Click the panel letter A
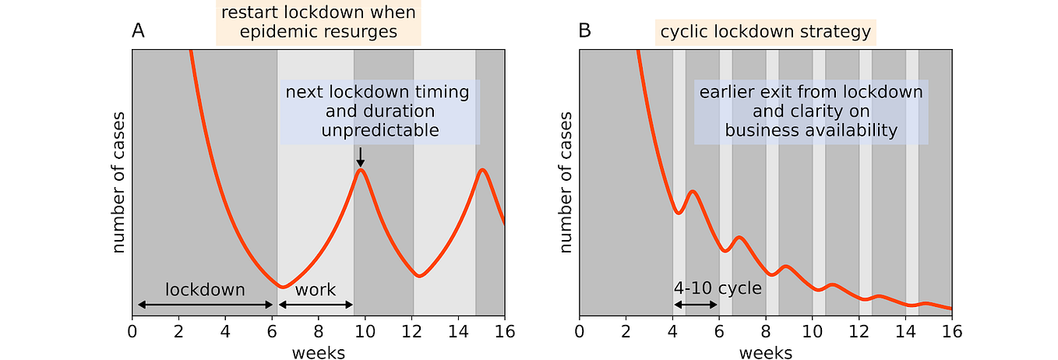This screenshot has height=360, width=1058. [x=138, y=32]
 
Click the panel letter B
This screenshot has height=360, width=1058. [x=585, y=32]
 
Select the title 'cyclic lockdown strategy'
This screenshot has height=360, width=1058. [x=765, y=32]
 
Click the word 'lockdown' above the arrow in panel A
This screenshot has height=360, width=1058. [x=205, y=290]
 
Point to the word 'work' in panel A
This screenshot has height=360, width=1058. [x=316, y=290]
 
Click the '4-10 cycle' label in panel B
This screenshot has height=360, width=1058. [x=718, y=288]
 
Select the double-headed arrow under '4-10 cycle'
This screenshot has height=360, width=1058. [x=696, y=305]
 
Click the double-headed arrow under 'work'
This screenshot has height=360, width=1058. [x=316, y=305]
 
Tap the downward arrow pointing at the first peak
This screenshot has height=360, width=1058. [x=360, y=157]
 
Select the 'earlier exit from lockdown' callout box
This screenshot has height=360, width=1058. [x=811, y=111]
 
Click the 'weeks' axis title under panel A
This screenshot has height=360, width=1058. [x=319, y=353]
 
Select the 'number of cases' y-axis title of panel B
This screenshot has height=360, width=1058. [x=566, y=182]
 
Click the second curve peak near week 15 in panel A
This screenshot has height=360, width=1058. [x=483, y=170]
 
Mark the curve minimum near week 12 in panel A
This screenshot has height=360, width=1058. [x=419, y=275]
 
